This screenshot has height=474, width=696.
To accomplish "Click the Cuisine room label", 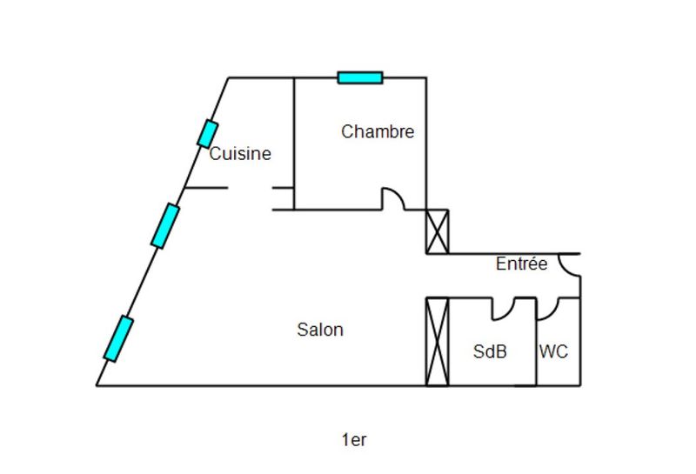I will click(240, 154).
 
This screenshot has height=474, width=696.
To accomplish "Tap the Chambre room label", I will click(378, 131).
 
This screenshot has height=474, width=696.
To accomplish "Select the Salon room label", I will click(320, 330).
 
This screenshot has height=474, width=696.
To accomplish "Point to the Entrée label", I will click(522, 264).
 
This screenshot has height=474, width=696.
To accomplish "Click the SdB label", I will click(490, 352).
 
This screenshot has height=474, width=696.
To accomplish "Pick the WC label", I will click(554, 352).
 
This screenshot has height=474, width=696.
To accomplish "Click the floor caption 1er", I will click(354, 440).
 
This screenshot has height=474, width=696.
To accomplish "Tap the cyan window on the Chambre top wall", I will click(360, 77).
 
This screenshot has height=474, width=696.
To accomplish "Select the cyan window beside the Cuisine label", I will click(207, 134).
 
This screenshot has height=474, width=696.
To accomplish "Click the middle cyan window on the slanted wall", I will click(165, 226).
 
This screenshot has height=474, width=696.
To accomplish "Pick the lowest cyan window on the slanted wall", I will click(118, 338).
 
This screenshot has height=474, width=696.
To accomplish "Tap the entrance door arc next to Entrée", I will click(569, 264).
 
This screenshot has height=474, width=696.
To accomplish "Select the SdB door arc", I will click(503, 308).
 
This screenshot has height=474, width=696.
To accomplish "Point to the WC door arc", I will click(548, 308).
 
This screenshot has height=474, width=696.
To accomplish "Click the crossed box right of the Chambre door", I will click(437, 231).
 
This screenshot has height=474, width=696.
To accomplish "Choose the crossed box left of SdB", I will click(437, 341).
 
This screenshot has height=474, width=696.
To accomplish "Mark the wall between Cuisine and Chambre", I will click(294, 144).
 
